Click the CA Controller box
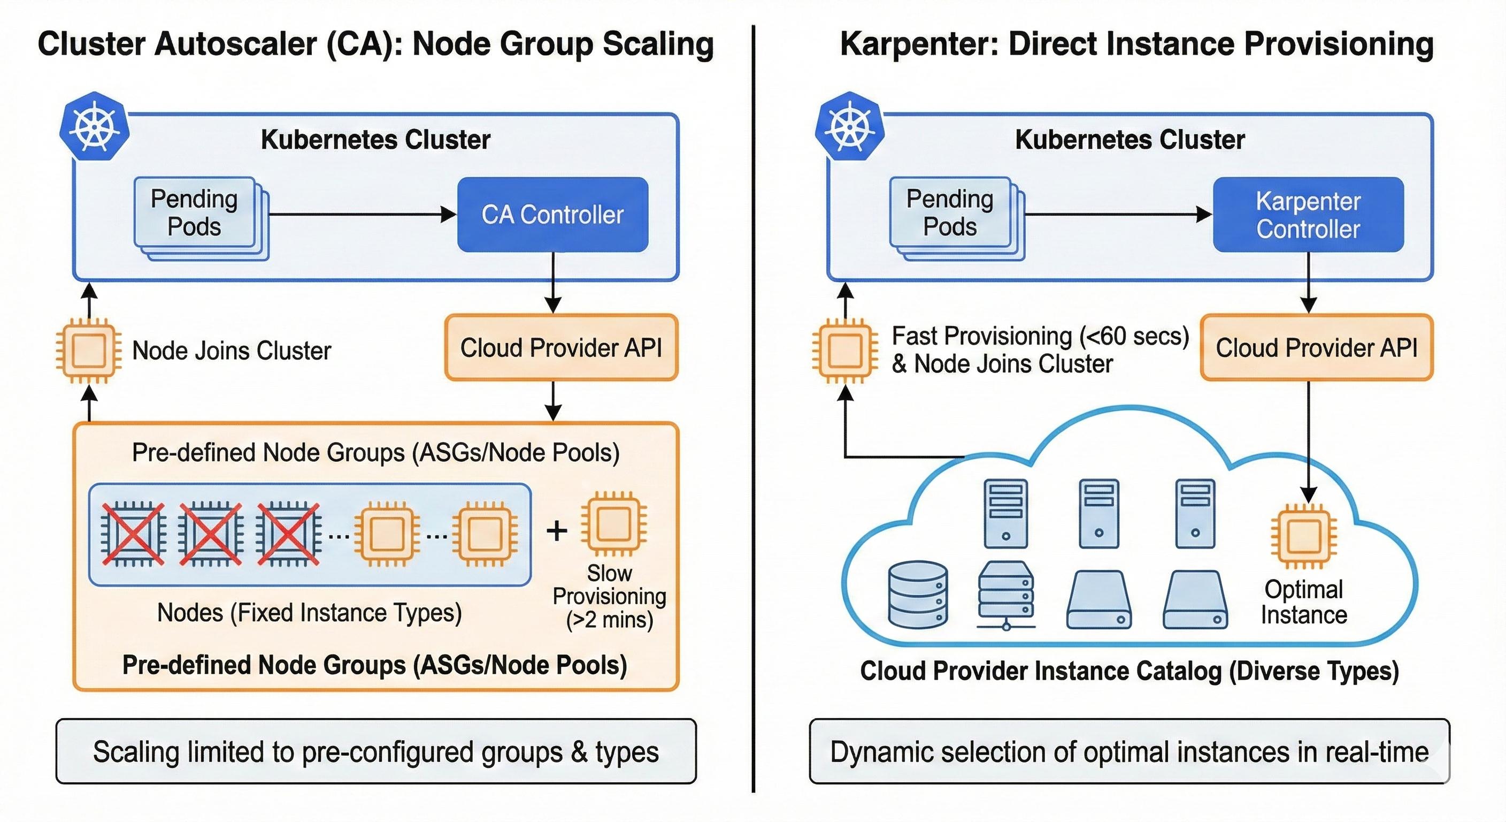pos(552,215)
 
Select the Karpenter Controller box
pos(1308,215)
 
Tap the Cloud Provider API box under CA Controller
pos(560,347)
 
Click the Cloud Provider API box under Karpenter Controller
pos(1316,347)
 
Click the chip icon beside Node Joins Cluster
pos(88,351)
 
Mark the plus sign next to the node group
pos(557,531)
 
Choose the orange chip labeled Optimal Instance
pos(1304,535)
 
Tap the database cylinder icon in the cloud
pos(917,595)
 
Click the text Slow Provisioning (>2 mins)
pos(609,596)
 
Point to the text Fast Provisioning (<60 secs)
pos(1040,336)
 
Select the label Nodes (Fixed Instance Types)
pos(309,613)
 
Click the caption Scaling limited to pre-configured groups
pos(376,752)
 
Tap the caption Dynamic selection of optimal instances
pos(1129,752)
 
